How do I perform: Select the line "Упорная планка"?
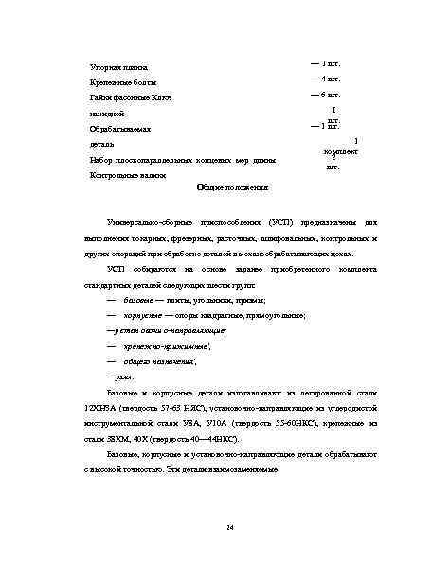coord(111,68)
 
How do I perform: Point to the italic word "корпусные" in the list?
coord(144,314)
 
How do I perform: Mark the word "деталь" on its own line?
coord(101,145)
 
